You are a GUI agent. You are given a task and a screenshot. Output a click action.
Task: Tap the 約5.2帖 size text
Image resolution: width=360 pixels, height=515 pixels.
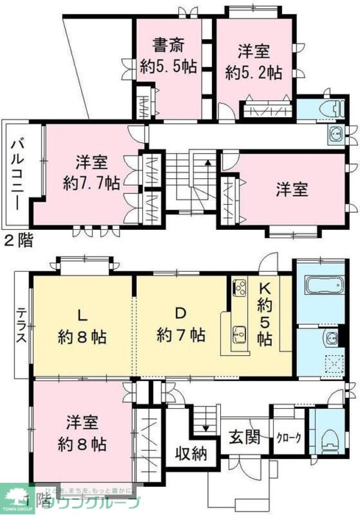pos(254,73)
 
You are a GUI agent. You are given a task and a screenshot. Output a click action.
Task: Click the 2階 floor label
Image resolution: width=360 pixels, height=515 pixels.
pos(18,241)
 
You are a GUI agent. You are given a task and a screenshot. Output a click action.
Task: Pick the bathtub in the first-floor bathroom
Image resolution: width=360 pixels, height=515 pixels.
pos(324,285)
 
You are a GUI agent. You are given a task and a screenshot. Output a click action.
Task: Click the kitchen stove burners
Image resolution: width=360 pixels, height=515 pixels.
pos(239,287)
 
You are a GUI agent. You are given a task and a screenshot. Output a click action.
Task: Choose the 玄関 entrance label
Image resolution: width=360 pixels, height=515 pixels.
pos(243,438)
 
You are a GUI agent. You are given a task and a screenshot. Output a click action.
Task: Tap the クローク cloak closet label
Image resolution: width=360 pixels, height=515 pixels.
pos(288,438)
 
